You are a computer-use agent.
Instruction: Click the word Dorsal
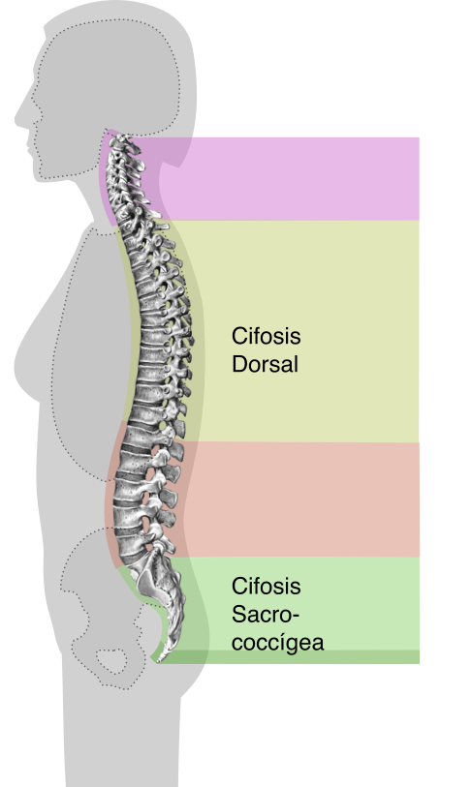point(265,364)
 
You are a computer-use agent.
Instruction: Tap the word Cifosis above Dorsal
point(266,336)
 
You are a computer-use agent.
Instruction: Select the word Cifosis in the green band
point(266,586)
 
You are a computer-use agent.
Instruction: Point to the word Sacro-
point(266,614)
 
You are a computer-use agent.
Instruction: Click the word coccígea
point(277,643)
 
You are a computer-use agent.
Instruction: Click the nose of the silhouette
point(19,119)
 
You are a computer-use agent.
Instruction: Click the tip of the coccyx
point(160,659)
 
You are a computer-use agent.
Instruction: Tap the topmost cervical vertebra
point(122,140)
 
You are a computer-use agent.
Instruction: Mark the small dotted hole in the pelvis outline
point(111,661)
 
